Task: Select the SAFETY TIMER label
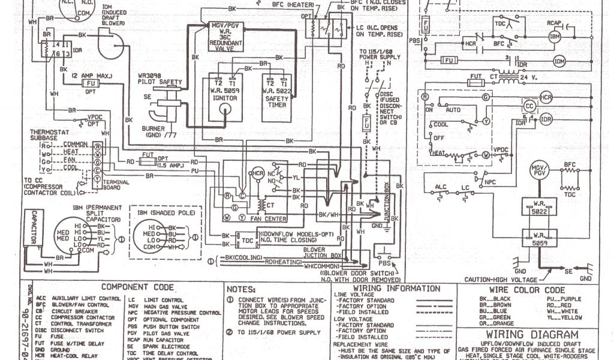(276, 97)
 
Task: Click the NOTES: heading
(245, 289)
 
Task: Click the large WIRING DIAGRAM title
(532, 334)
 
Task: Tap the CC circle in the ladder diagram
(528, 104)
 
